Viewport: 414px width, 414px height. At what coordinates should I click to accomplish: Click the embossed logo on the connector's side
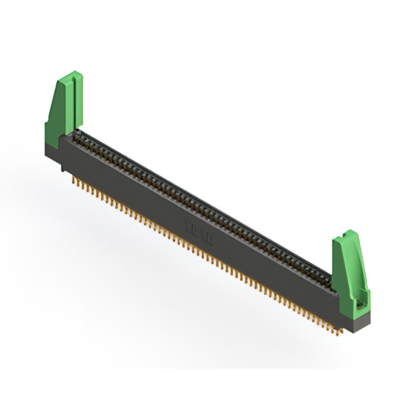pos(197,234)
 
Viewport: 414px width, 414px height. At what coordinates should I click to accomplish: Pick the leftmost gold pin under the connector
pos(73,182)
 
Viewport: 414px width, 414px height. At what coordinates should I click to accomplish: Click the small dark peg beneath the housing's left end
pos(63,169)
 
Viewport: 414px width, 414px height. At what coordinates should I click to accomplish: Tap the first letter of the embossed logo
pos(188,228)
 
